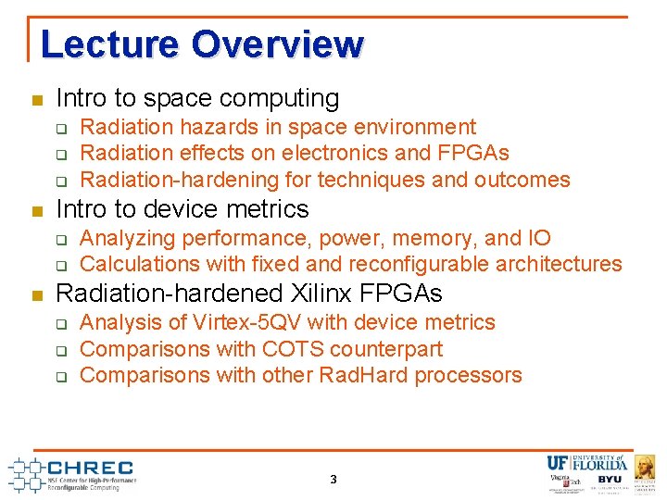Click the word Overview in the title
point(277,44)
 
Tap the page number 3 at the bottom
point(333,480)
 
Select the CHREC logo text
point(90,468)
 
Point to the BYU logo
point(610,480)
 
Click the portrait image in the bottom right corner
point(645,467)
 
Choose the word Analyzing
point(129,238)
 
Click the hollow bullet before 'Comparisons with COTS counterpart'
point(61,350)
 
